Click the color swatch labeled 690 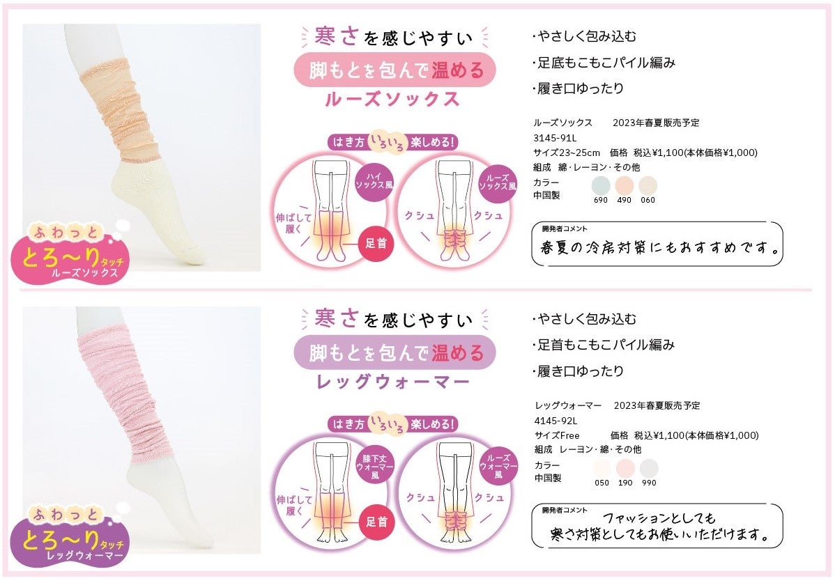(601, 185)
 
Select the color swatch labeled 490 (625, 185)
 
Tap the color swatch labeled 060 (648, 185)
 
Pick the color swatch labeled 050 (602, 467)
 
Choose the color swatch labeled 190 (625, 467)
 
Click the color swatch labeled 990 (649, 467)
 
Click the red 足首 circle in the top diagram (376, 244)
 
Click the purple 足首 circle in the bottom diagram (376, 522)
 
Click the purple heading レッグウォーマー (392, 381)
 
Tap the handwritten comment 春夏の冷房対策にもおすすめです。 (659, 247)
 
